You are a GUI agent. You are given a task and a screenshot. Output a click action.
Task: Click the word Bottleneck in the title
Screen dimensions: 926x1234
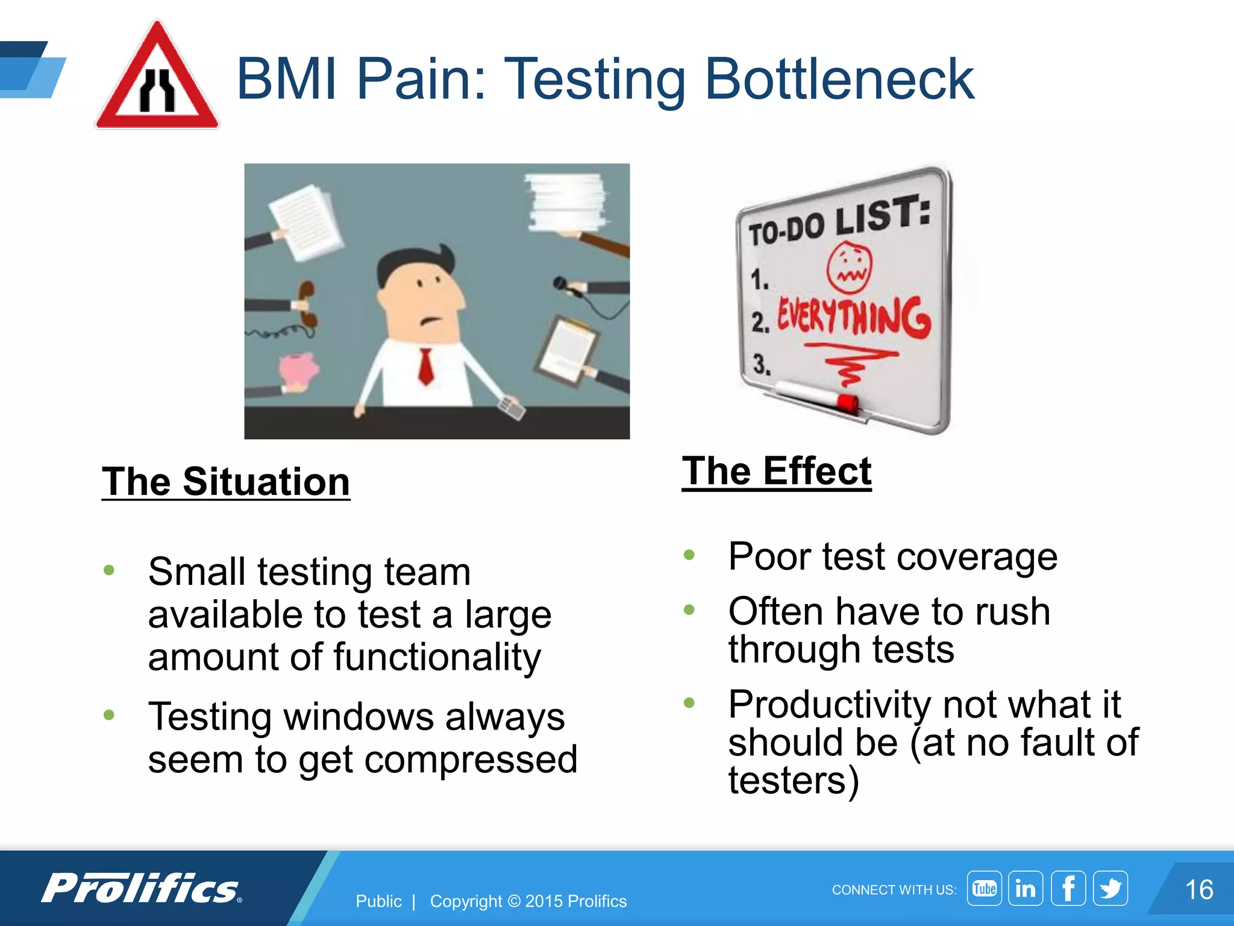(x=839, y=79)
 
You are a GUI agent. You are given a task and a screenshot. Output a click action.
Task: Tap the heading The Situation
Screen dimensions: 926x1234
(x=226, y=482)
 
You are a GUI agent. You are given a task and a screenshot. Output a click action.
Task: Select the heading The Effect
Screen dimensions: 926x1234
(x=777, y=471)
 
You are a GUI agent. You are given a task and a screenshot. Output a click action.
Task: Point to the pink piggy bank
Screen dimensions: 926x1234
(x=298, y=370)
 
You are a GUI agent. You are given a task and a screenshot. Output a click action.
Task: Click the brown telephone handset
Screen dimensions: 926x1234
(x=307, y=304)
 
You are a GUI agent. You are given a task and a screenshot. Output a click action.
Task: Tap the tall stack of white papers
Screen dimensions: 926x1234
(x=565, y=202)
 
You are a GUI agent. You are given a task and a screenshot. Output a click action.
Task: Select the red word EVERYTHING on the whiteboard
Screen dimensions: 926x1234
(x=853, y=317)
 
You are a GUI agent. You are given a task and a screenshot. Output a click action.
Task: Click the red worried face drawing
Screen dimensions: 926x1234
(x=849, y=267)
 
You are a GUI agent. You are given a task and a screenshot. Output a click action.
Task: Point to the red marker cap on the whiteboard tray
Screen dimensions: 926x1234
(x=847, y=402)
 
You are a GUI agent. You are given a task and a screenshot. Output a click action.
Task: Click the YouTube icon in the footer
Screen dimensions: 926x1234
(x=984, y=888)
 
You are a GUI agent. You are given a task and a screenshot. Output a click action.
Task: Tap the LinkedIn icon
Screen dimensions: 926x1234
(x=1026, y=888)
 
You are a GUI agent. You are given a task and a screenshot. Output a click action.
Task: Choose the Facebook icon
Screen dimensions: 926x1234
(x=1068, y=888)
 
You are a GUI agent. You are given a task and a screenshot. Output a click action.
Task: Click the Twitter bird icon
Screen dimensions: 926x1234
(x=1110, y=888)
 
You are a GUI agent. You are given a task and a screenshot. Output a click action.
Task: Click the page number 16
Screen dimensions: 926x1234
(x=1198, y=890)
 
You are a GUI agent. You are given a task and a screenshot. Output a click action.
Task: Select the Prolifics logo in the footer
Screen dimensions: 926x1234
(x=142, y=888)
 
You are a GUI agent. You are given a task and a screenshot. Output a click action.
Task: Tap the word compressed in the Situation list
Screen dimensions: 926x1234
(x=471, y=759)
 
